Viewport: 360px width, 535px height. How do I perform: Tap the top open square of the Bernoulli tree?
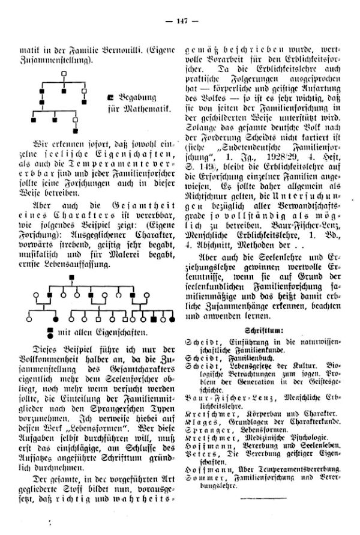(62, 74)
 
